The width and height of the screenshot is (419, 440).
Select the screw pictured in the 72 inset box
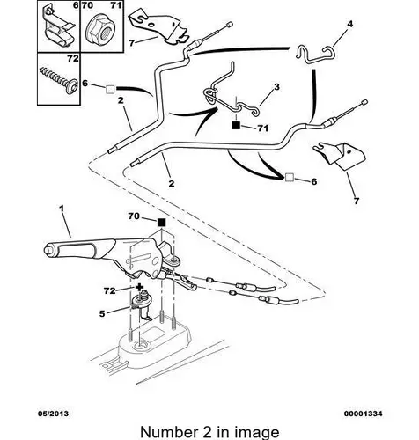[x=60, y=79]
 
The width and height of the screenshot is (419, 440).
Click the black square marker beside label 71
[x=236, y=125]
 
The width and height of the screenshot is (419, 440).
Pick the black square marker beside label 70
[x=161, y=223]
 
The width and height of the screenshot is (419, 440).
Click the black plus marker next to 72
[x=139, y=287]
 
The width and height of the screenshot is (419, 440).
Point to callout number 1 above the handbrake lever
[x=62, y=209]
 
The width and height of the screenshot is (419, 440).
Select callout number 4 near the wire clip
[x=349, y=24]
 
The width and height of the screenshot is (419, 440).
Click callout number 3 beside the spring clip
[x=276, y=87]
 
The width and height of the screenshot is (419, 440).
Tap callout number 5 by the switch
[x=102, y=314]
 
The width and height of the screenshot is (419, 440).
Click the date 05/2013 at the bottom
[x=53, y=414]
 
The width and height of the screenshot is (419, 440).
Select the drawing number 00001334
[x=363, y=414]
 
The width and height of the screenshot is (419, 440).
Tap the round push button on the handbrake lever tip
[x=48, y=251]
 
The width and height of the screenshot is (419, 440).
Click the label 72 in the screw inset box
[x=73, y=59]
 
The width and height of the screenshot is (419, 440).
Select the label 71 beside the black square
[x=262, y=128]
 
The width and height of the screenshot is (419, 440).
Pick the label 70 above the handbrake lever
[x=134, y=216]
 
